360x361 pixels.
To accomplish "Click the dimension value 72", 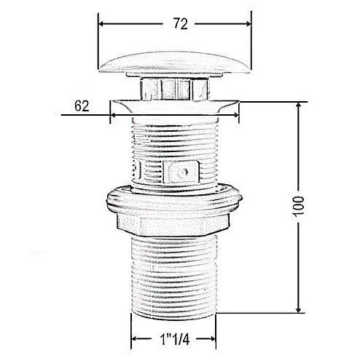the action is (181, 24).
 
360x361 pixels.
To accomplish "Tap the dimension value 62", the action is (82, 106).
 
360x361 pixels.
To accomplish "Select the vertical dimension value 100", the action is (298, 207).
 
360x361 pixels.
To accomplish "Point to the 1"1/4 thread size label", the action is (175, 339).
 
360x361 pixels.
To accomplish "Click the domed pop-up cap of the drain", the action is (175, 62).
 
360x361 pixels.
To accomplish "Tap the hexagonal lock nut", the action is (173, 223).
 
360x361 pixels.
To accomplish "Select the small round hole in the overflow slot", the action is (186, 172).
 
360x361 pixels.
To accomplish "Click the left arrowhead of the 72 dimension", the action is (101, 24).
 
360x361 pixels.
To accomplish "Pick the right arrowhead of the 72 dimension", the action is (248, 24).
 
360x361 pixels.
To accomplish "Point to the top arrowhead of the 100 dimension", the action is (299, 105).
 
